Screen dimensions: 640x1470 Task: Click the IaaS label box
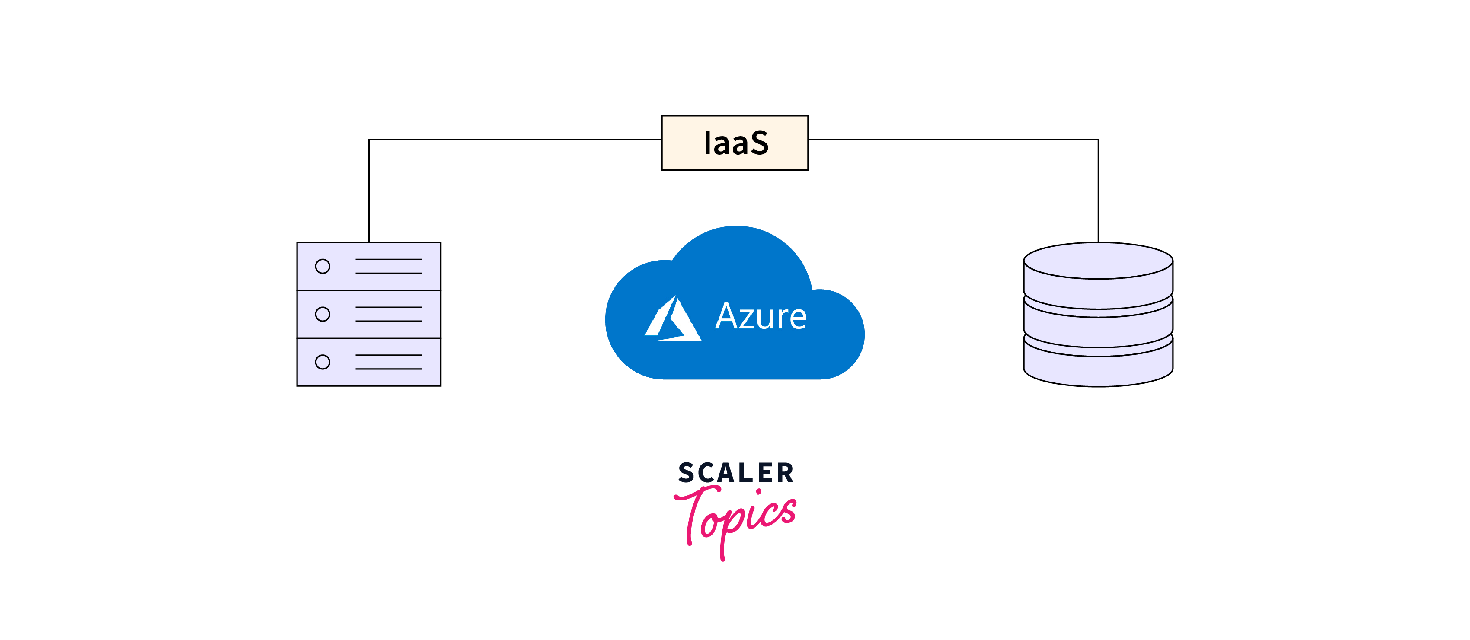click(735, 143)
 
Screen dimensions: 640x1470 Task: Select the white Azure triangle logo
click(673, 319)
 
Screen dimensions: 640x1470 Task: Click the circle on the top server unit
click(323, 266)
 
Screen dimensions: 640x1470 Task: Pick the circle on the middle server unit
click(323, 314)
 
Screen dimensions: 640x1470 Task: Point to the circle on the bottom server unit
click(323, 362)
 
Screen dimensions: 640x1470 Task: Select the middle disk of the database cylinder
click(1098, 325)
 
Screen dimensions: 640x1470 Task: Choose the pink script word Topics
click(736, 516)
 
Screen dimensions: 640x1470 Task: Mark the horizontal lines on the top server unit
click(389, 266)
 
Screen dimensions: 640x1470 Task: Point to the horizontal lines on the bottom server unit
click(389, 362)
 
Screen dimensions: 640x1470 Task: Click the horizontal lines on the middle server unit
click(389, 314)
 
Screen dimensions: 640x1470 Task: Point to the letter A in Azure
click(726, 317)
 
